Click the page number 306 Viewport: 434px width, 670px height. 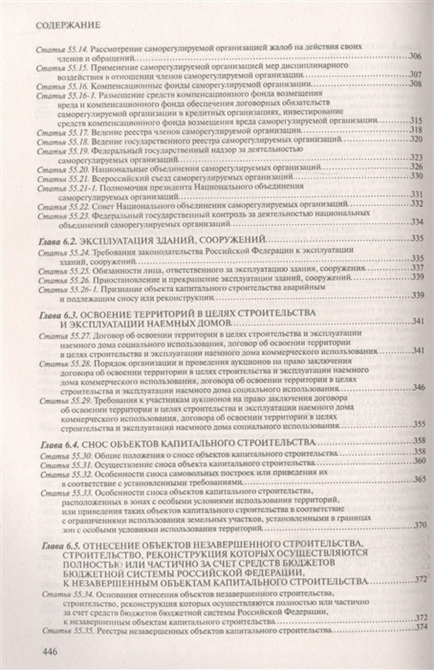pyautogui.click(x=414, y=56)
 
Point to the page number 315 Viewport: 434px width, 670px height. pyautogui.click(x=415, y=120)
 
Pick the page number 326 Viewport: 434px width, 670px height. pyautogui.click(x=416, y=167)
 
